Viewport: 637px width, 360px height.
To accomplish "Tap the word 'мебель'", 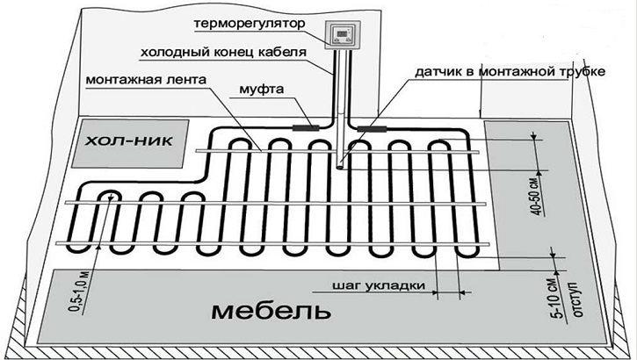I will pos(260,312).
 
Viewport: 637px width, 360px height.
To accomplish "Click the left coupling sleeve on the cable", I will pos(308,127).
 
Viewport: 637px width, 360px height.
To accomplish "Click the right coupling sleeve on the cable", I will pos(368,128).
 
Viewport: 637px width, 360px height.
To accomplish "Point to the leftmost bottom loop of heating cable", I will pos(109,195).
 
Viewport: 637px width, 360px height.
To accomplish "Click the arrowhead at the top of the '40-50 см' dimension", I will pos(533,136).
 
